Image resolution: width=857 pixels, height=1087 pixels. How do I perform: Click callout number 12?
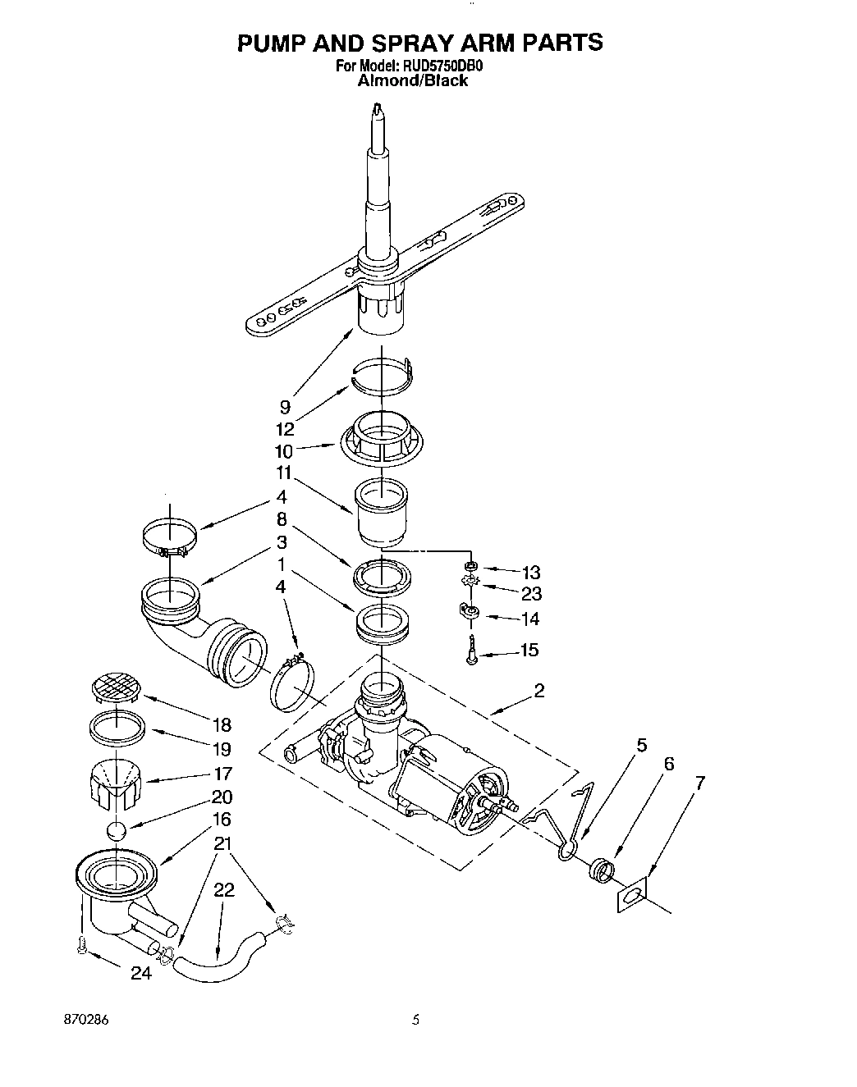click(x=284, y=428)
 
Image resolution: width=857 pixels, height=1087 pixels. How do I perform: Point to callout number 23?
click(x=531, y=594)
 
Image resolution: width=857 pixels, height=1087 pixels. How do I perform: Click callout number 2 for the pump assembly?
click(x=538, y=690)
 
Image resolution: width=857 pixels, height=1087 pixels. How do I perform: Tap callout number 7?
click(x=699, y=782)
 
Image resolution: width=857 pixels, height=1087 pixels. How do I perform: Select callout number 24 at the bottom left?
click(x=141, y=975)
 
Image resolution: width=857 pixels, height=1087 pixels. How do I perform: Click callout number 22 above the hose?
click(x=224, y=890)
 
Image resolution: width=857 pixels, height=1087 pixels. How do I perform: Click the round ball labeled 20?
click(x=117, y=830)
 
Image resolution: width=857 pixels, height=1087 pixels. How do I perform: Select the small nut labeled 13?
click(x=471, y=566)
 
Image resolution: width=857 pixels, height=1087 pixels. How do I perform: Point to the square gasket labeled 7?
click(x=630, y=896)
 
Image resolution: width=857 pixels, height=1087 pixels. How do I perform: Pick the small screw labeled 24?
click(x=80, y=946)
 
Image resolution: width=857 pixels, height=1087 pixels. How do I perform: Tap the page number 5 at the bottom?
click(x=416, y=1021)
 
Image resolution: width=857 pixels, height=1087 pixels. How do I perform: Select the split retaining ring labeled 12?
click(x=379, y=372)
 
